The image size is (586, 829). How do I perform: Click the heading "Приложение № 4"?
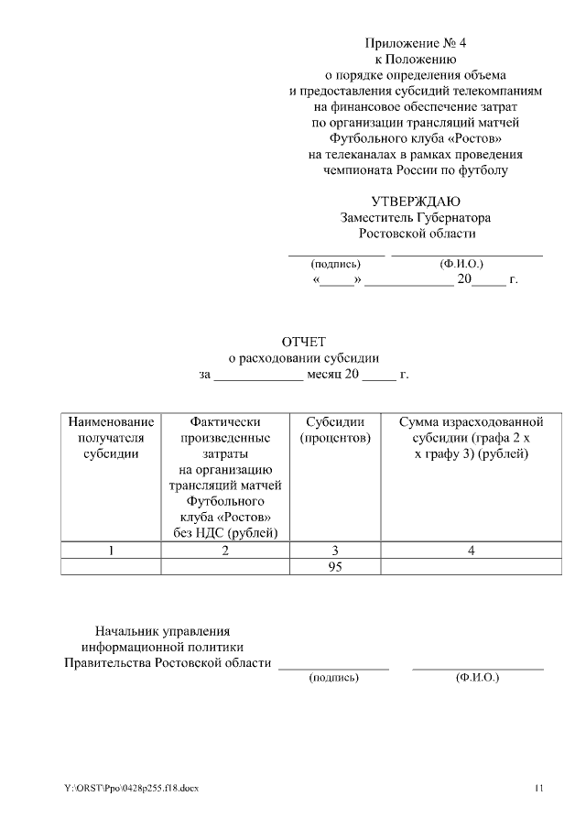[416, 43]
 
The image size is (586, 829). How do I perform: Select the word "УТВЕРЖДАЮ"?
[416, 202]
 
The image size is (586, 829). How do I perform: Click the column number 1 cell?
[111, 551]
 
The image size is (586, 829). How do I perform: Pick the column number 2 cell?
[225, 551]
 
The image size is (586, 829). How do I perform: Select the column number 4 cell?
[471, 551]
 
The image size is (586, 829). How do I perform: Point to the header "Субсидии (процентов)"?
[335, 431]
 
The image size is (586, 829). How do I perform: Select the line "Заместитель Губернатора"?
[416, 218]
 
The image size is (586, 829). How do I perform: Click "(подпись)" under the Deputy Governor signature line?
[335, 264]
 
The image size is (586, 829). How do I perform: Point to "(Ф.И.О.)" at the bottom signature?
[476, 678]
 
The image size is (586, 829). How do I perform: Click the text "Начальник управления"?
[163, 630]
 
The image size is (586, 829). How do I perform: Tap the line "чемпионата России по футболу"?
[416, 169]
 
